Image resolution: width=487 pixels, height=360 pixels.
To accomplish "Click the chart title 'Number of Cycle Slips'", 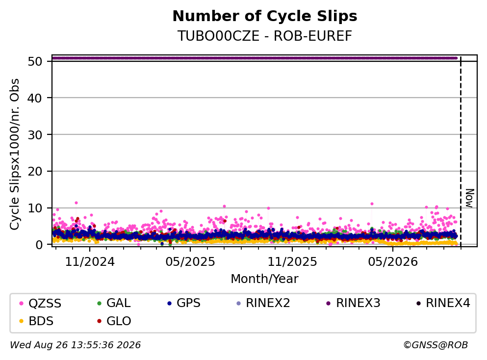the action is (x=265, y=16).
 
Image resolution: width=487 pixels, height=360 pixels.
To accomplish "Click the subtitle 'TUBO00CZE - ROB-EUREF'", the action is (x=265, y=36).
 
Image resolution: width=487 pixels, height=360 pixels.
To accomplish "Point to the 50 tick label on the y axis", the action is (x=35, y=61).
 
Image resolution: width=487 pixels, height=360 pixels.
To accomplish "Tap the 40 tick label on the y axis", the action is (x=35, y=98).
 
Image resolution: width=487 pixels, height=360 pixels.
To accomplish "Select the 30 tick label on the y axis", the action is (x=35, y=135).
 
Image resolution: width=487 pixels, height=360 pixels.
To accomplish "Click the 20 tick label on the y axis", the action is (x=35, y=172).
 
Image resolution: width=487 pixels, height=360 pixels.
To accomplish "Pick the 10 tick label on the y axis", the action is (x=35, y=208).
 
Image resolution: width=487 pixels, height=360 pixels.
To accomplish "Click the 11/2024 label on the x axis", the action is (x=90, y=262).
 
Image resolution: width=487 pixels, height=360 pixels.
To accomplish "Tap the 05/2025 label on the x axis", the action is (x=190, y=262).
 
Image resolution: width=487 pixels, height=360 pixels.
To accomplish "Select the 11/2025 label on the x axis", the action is (x=292, y=262).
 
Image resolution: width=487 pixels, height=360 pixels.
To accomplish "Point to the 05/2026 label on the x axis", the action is (x=393, y=262).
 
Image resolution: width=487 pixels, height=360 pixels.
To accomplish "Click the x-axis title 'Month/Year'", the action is (x=265, y=279).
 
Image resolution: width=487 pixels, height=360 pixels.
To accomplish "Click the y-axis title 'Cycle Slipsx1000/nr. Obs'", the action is (x=14, y=154).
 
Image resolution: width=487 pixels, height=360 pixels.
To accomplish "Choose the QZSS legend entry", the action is (x=40, y=303).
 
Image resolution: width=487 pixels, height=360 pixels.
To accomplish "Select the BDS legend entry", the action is (x=36, y=321).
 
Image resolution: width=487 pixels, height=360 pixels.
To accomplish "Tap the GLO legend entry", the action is (x=114, y=321).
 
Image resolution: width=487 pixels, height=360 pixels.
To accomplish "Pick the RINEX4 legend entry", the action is (x=443, y=303).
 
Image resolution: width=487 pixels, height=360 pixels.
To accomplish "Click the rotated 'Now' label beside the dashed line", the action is (x=470, y=198).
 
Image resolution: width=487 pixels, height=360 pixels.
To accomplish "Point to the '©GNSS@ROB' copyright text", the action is (x=436, y=345).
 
